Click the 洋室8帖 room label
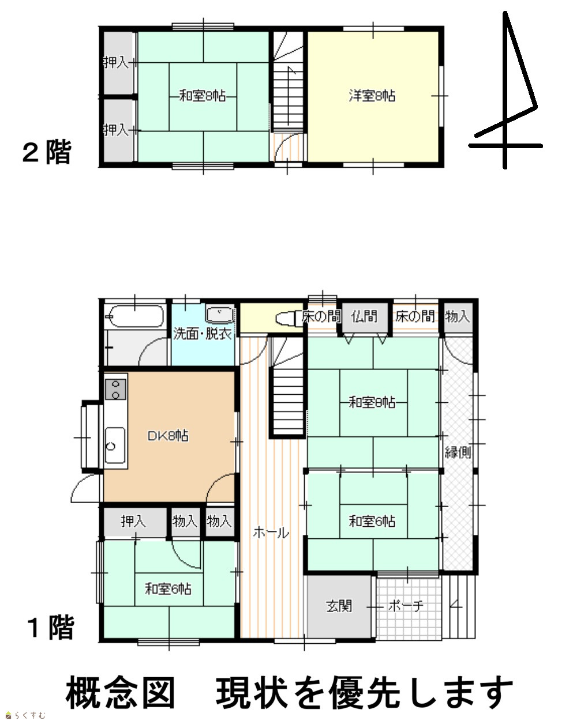point(372,96)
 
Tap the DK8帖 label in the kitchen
point(168,436)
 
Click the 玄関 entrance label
point(339,606)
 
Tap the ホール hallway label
point(271,532)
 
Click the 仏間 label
point(364,316)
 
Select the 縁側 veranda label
point(458,452)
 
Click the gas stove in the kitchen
point(116,389)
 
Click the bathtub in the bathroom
point(136,316)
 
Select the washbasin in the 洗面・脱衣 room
point(220,315)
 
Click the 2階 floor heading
point(47,153)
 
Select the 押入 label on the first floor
point(133,521)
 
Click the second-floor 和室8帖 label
point(202,96)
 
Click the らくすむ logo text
point(29,715)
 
